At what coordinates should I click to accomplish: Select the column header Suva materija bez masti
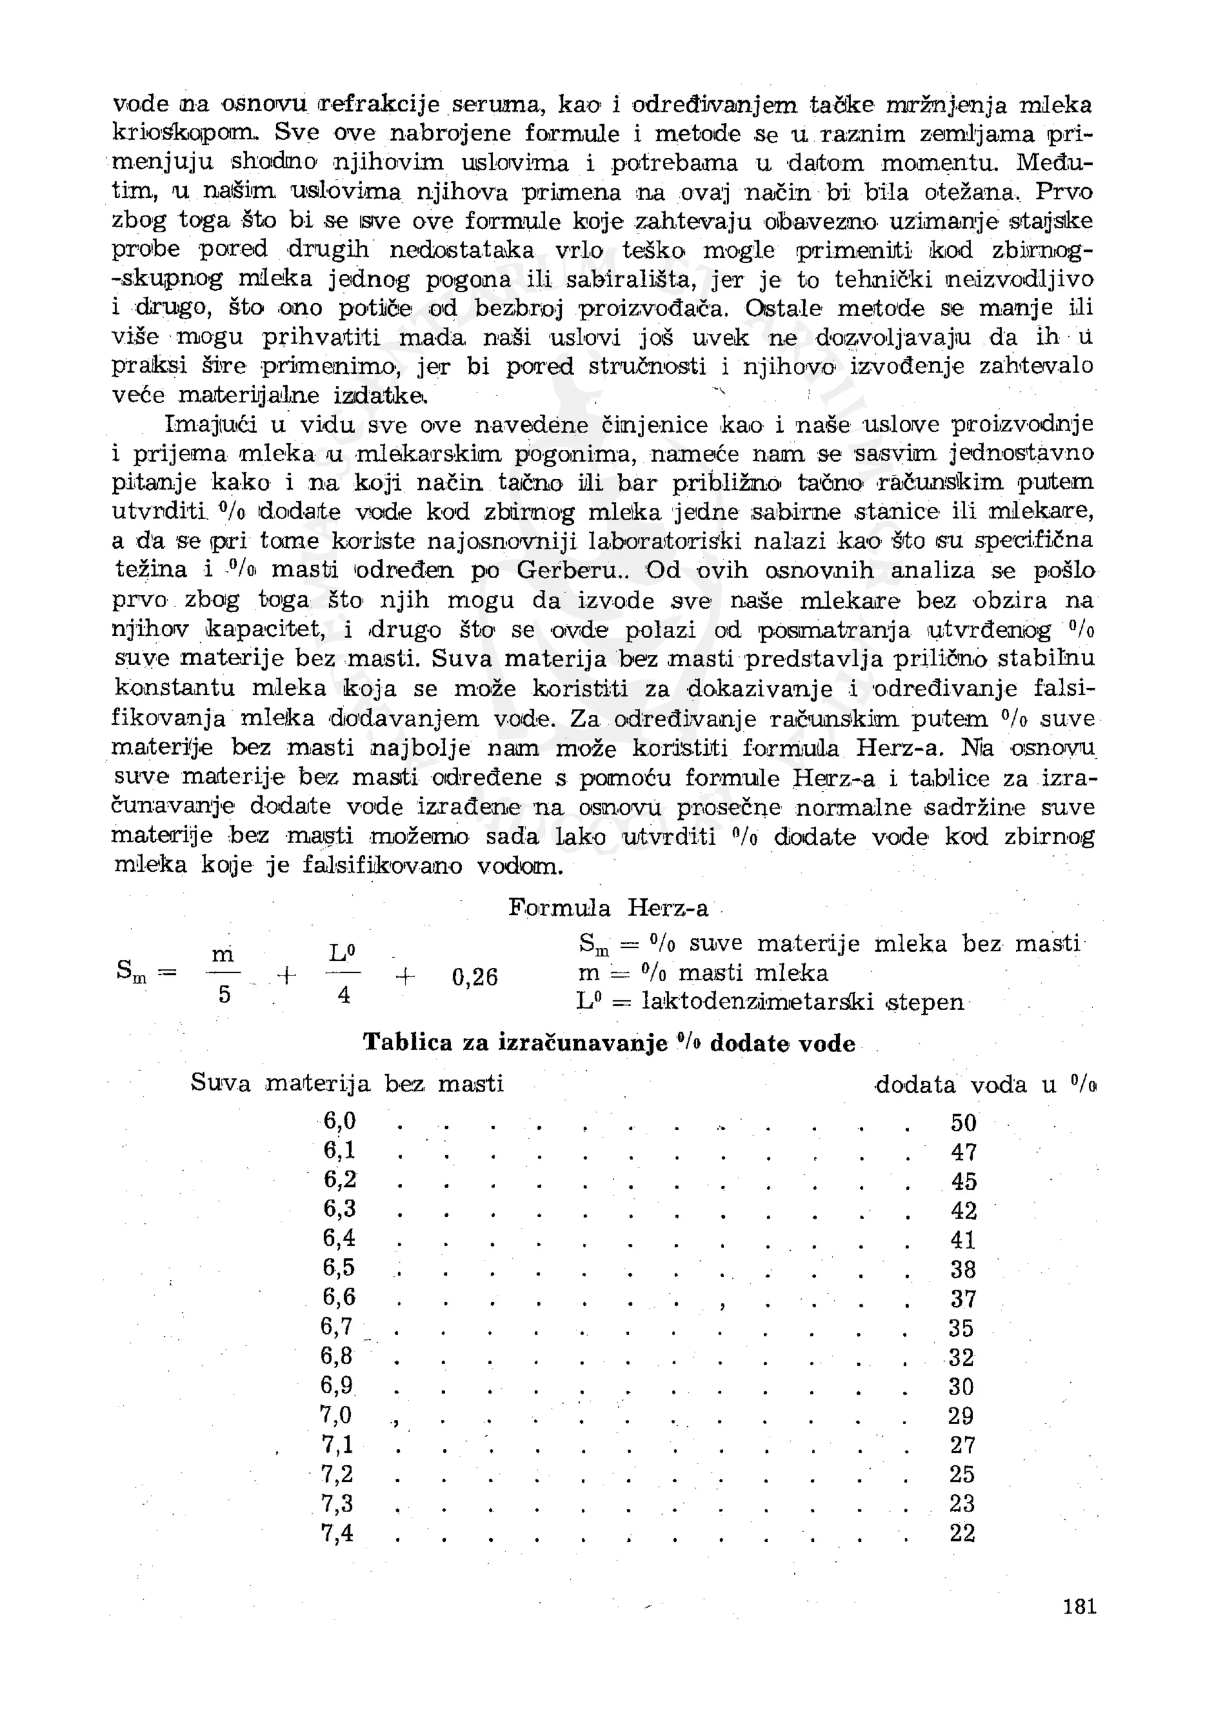pyautogui.click(x=347, y=1083)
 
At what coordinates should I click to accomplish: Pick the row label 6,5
pyautogui.click(x=339, y=1267)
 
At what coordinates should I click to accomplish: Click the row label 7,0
pyautogui.click(x=336, y=1414)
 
